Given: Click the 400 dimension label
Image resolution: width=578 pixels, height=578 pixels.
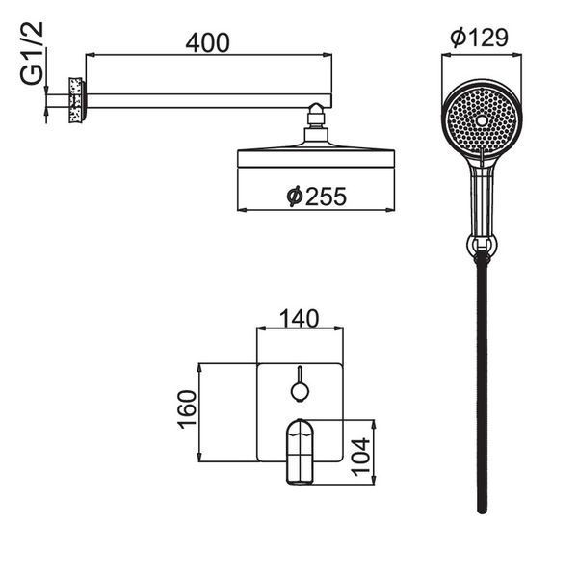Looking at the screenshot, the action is pos(207,42).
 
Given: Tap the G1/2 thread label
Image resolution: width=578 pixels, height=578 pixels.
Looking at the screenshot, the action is pos(32,53).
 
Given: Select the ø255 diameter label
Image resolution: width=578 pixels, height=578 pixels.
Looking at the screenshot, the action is pos(317,197).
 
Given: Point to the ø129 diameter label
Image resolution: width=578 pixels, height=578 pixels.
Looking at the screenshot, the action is pos(479,38).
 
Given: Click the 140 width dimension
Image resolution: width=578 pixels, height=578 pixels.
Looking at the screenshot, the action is pos(300,319).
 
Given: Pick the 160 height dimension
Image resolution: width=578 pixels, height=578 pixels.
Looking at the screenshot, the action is pos(187,409).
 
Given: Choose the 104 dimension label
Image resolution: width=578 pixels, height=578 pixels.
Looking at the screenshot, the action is pos(360,457).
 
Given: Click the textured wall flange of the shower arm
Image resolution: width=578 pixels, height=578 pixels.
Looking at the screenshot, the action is pos(77,100).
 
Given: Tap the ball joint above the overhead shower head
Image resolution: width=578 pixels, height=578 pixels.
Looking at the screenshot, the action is pos(316,110).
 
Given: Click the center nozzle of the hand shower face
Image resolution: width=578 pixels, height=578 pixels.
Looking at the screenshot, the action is pos(481,120).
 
